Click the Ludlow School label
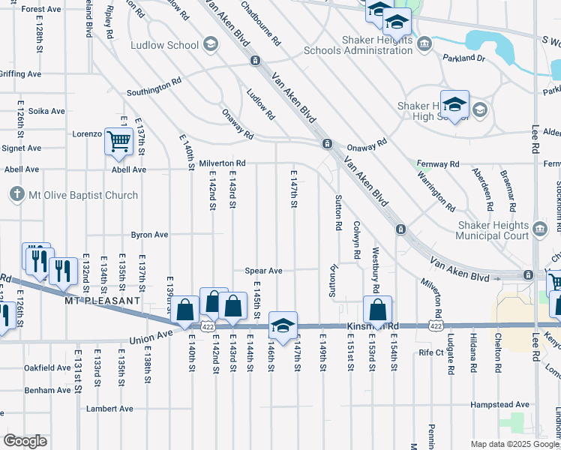[164, 45]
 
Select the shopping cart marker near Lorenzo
[119, 141]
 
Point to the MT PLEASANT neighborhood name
[102, 300]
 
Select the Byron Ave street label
[150, 235]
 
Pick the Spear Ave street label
[263, 271]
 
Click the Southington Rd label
[154, 93]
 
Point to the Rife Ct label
[432, 352]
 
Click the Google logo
[25, 441]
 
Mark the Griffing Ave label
[20, 74]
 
